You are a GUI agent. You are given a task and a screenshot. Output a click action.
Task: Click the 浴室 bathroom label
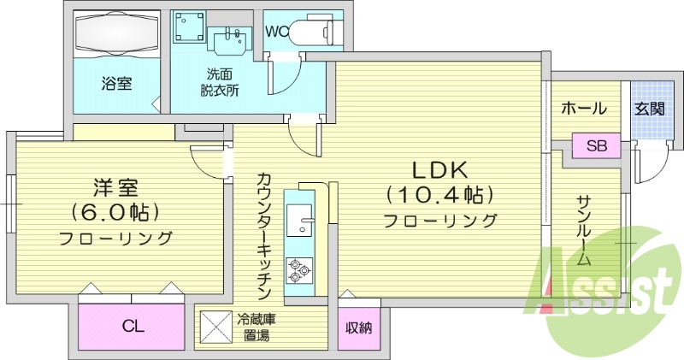[x=116, y=85]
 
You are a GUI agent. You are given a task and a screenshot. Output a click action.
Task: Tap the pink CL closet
[x=133, y=325]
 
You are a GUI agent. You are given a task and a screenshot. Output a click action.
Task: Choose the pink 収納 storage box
[x=358, y=328]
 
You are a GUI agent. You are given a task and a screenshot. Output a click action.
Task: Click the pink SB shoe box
[x=596, y=145]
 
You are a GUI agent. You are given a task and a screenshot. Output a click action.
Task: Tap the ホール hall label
[x=584, y=109]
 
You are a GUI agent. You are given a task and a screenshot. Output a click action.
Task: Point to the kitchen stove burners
[x=300, y=270]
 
